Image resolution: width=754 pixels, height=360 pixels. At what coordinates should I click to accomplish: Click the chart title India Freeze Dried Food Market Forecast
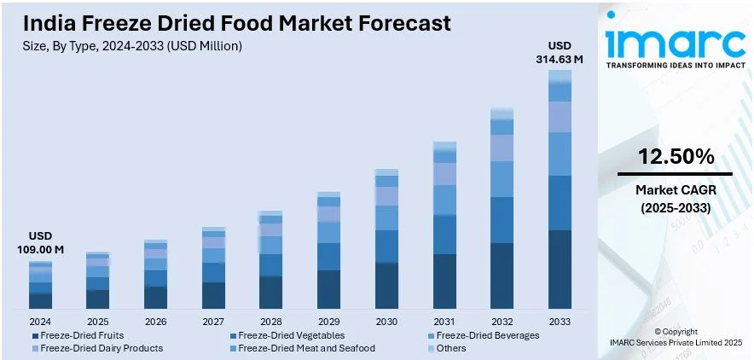[x=237, y=22]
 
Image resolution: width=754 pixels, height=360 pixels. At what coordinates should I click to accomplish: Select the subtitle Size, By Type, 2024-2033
[x=133, y=45]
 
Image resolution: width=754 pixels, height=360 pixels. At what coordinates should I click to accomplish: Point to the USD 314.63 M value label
[x=560, y=53]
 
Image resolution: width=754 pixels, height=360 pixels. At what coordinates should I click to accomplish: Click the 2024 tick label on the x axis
[x=40, y=322]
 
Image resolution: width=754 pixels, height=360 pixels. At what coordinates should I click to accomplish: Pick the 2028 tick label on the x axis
[x=270, y=322]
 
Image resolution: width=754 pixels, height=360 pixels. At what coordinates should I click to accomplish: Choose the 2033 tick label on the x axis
[x=560, y=322]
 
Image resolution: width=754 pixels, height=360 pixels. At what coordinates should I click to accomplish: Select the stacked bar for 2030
[x=386, y=239]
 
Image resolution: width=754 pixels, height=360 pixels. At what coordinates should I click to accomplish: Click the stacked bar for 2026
[x=155, y=274]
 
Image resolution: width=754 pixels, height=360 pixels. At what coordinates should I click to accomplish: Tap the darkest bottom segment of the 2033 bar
[x=560, y=269]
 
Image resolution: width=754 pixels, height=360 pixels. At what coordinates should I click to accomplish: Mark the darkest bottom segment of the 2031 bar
[x=444, y=281]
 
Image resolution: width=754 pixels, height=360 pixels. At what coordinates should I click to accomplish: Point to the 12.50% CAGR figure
[x=675, y=157]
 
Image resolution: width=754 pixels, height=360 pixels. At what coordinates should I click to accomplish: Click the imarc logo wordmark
[x=675, y=42]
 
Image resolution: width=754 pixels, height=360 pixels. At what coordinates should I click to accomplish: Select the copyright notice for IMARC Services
[x=675, y=336]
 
